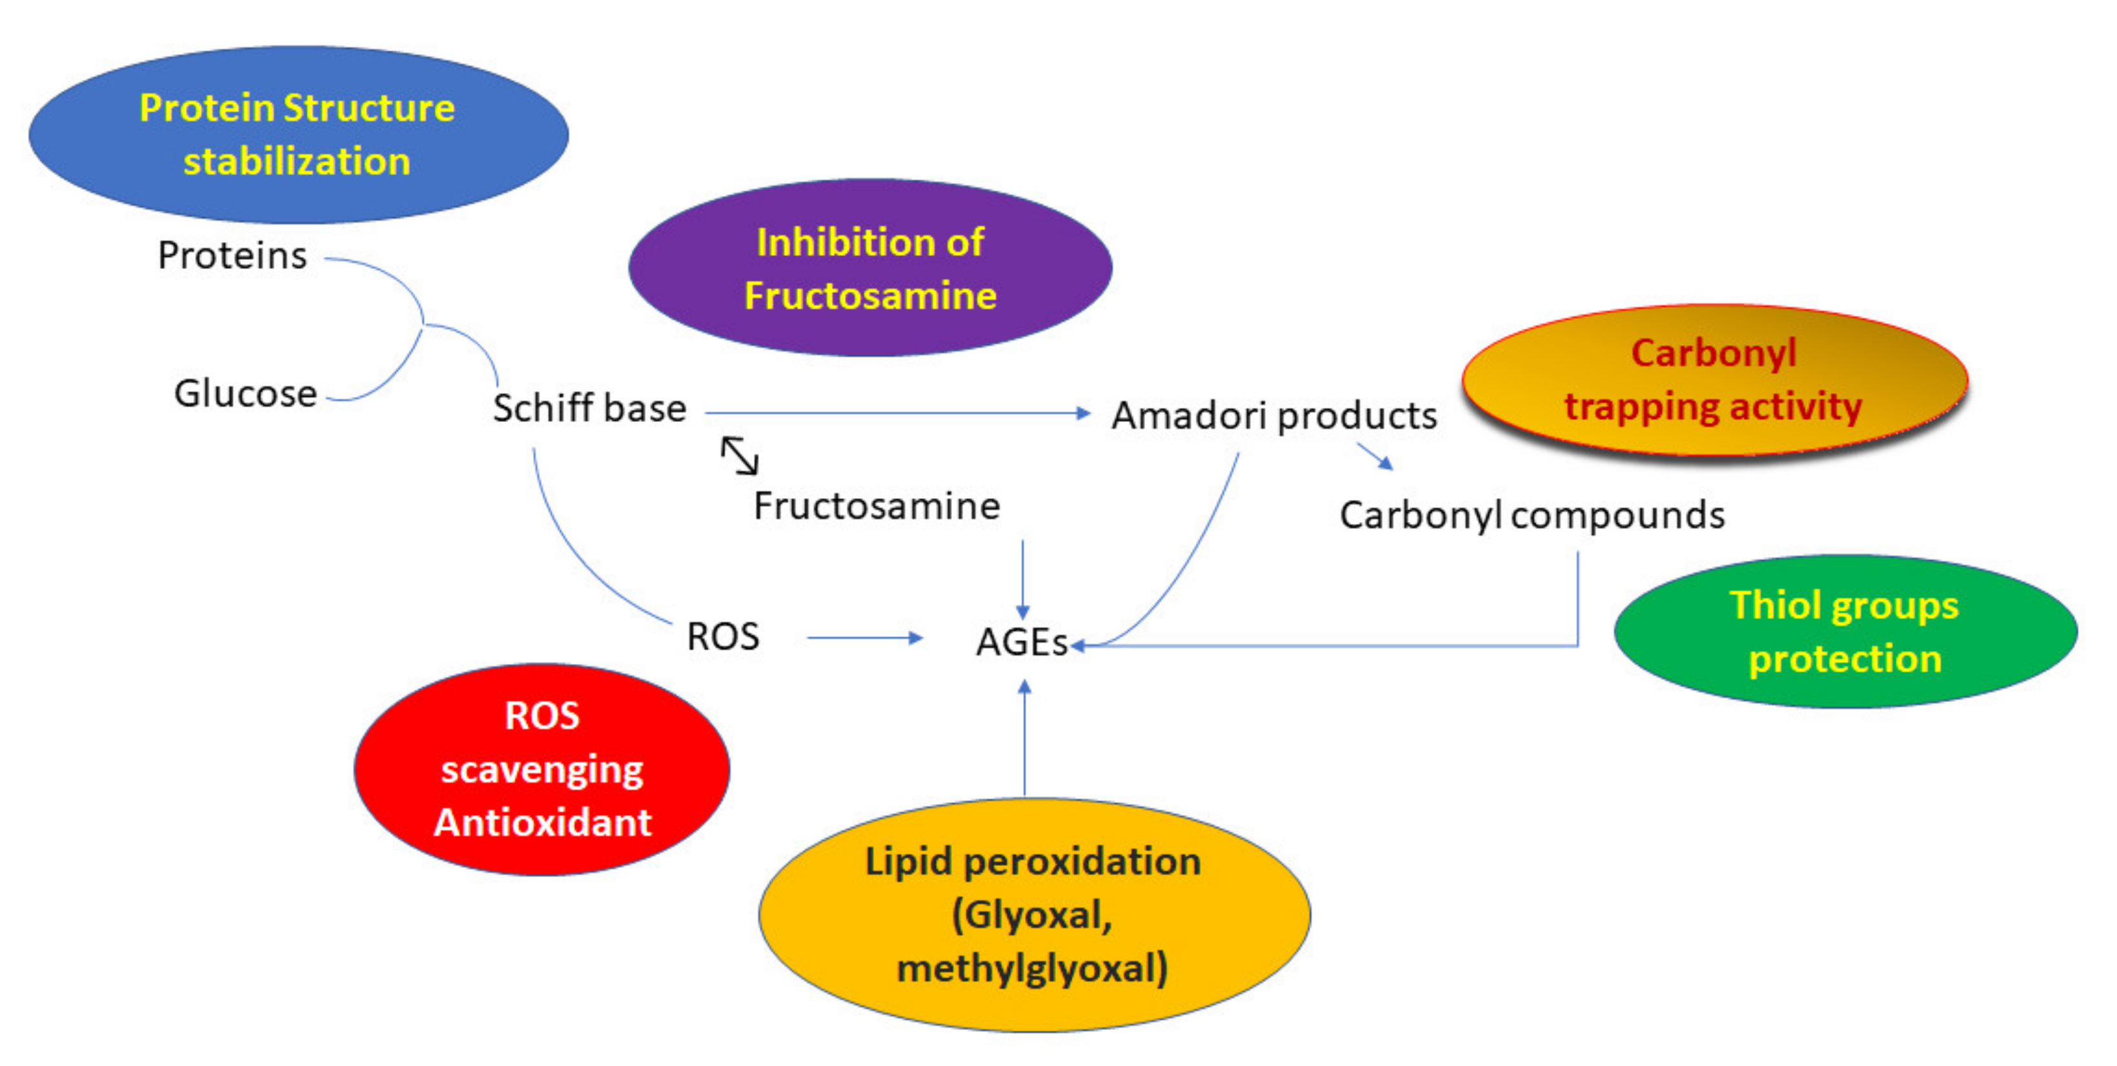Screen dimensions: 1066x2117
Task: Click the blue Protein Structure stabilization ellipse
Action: point(298,134)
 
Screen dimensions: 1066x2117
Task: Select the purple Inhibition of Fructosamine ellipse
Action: point(869,268)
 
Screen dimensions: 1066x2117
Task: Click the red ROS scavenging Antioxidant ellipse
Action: point(542,769)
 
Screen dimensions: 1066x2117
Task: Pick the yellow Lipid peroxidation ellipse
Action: point(1033,914)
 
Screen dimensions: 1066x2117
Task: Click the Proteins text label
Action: point(232,256)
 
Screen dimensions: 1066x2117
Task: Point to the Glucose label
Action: point(245,394)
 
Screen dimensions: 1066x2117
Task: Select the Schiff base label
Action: point(589,408)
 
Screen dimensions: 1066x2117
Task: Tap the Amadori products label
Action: point(1274,416)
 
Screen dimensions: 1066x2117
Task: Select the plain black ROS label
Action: point(722,637)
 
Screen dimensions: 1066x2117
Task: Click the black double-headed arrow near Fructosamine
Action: point(739,456)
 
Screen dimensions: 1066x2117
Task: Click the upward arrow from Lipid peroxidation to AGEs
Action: point(1024,739)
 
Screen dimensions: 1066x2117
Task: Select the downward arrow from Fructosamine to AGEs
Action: point(1022,579)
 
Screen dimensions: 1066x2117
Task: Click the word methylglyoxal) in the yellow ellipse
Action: point(1032,968)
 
